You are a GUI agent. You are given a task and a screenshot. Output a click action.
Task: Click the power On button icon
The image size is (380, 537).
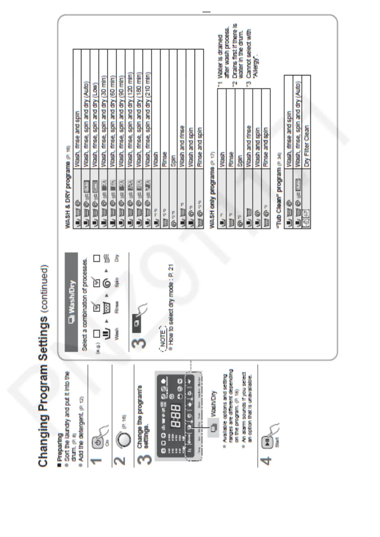[98, 442]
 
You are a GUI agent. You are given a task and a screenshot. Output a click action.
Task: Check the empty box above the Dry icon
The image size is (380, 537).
[97, 258]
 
